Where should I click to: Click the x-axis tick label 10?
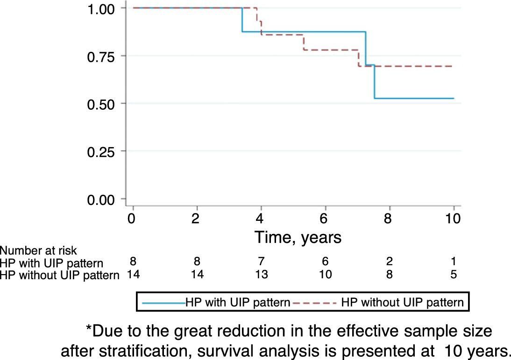pyautogui.click(x=453, y=219)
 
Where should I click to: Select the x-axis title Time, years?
pyautogui.click(x=298, y=238)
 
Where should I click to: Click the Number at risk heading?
pyautogui.click(x=39, y=251)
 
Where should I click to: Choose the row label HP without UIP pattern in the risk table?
pyautogui.click(x=60, y=275)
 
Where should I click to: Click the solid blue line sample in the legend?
pyautogui.click(x=163, y=303)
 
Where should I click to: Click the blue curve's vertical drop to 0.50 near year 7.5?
pyautogui.click(x=375, y=82)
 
